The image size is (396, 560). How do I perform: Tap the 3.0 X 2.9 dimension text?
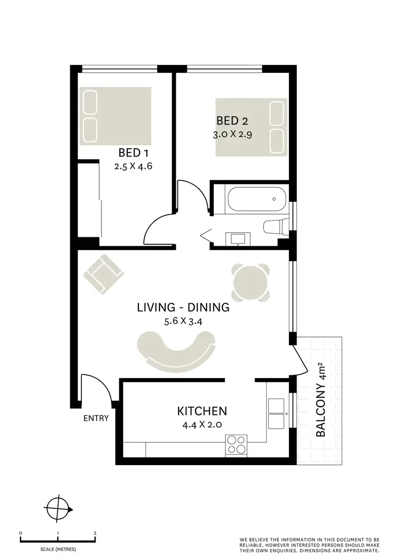click(232, 134)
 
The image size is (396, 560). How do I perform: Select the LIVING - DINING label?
click(183, 307)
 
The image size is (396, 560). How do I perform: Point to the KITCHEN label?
click(202, 411)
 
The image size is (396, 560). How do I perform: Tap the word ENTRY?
click(96, 419)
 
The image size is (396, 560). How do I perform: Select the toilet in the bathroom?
click(275, 227)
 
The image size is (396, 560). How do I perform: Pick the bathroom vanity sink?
click(238, 238)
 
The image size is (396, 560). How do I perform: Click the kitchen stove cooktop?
click(236, 445)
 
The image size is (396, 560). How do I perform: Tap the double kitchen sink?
click(278, 413)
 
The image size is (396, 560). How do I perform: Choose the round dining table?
click(251, 282)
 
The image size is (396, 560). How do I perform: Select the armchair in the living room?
click(105, 273)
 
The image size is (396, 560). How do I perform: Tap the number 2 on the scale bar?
click(95, 533)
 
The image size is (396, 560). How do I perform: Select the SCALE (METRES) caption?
click(58, 549)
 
